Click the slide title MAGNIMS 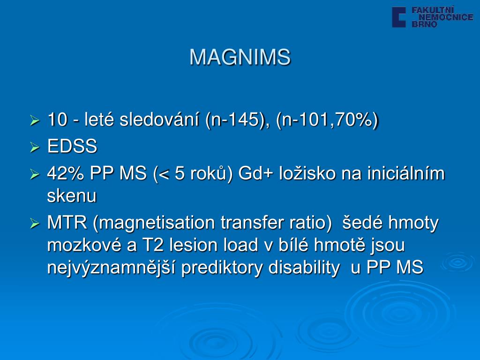pos(240,57)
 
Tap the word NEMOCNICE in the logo pos(446,17)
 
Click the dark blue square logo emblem pos(399,17)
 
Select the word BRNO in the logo pos(424,24)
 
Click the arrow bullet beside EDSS pos(35,147)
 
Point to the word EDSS pos(72,146)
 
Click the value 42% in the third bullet pos(66,173)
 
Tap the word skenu pos(72,195)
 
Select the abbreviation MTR pos(67,223)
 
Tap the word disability pos(304,268)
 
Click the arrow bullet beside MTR pos(35,224)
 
